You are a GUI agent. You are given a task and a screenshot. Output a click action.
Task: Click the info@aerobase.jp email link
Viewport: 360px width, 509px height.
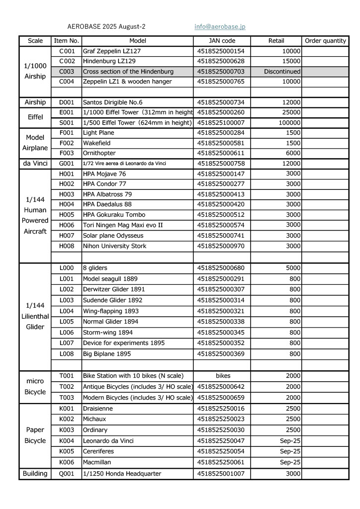coord(220,27)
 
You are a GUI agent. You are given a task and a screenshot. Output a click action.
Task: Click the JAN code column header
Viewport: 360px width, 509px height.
coord(222,41)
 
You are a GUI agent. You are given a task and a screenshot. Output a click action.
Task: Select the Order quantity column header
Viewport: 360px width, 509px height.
coord(325,41)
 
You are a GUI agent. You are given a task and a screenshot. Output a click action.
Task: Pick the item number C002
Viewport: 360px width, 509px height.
coord(67,61)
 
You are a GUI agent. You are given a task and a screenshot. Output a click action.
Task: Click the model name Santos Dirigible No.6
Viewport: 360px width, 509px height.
coord(112,102)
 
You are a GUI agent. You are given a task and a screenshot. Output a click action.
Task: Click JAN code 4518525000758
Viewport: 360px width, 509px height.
coord(221,164)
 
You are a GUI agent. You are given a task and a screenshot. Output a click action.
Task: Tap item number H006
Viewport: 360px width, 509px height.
coord(67,225)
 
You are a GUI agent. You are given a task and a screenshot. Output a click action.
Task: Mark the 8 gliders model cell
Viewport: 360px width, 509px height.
coord(95,268)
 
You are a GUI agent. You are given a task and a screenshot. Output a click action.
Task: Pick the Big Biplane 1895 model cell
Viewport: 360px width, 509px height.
coord(107,354)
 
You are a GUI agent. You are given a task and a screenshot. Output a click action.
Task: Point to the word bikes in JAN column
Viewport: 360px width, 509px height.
coord(222,376)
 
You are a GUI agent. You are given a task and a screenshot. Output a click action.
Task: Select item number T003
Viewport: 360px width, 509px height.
coord(67,398)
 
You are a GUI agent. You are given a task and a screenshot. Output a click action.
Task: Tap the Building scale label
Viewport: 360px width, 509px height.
coord(35,474)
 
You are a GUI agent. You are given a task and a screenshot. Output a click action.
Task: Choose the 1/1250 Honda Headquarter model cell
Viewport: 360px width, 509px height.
coord(122,474)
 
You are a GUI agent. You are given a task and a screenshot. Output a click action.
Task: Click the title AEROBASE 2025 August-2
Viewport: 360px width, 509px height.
coord(106,27)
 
